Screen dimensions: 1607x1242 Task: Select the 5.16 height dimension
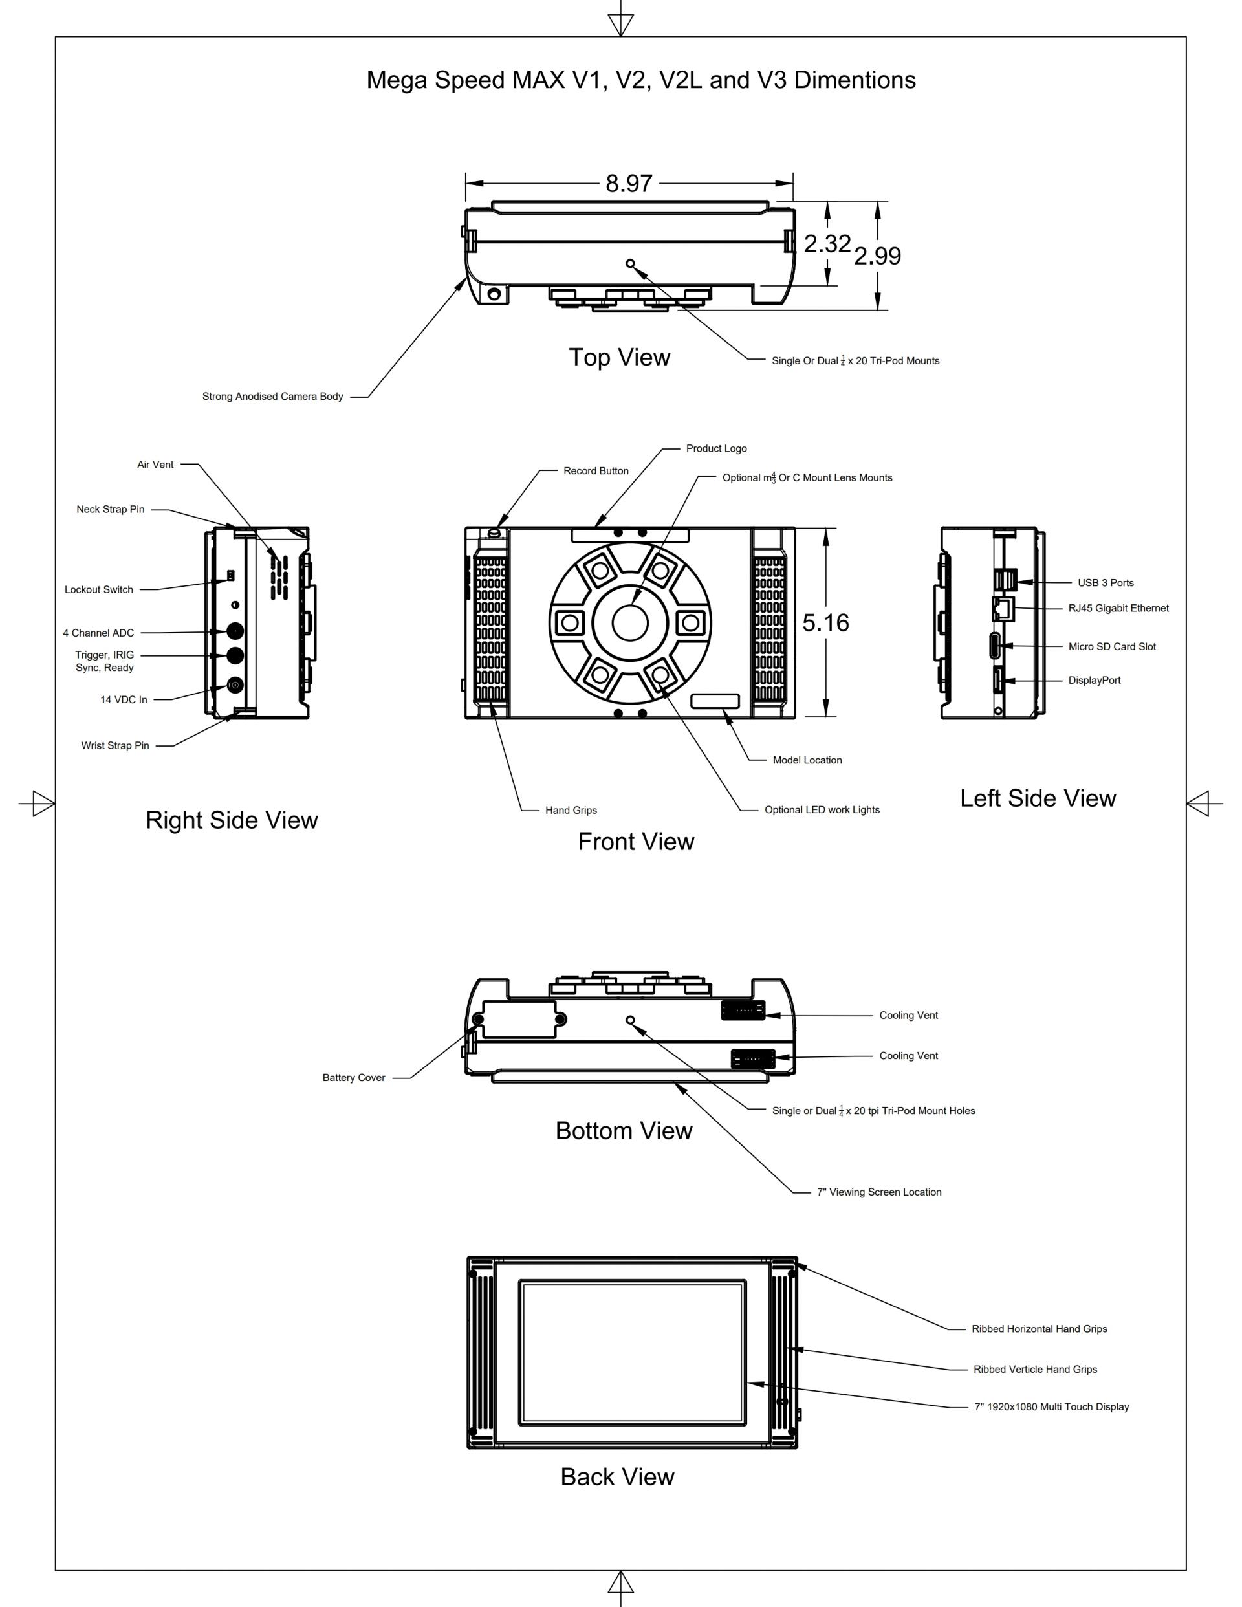825,623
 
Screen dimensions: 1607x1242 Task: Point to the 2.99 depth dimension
877,256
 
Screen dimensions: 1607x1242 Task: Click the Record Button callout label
596,471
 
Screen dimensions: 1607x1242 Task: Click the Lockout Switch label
98,589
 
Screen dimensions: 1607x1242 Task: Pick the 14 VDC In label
124,700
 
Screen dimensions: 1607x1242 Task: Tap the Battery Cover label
354,1077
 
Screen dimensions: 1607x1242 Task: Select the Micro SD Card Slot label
1112,647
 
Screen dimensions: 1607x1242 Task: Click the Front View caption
636,842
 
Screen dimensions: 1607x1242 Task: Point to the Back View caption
617,1477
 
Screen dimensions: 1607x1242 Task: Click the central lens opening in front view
630,623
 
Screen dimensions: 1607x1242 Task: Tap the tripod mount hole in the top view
630,263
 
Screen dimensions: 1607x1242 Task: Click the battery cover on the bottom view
519,1019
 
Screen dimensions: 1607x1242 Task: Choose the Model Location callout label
807,760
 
